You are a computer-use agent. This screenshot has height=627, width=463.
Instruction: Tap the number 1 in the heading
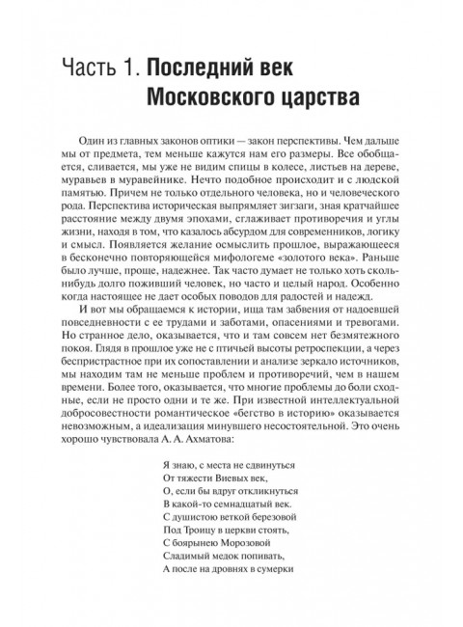coord(134,68)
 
